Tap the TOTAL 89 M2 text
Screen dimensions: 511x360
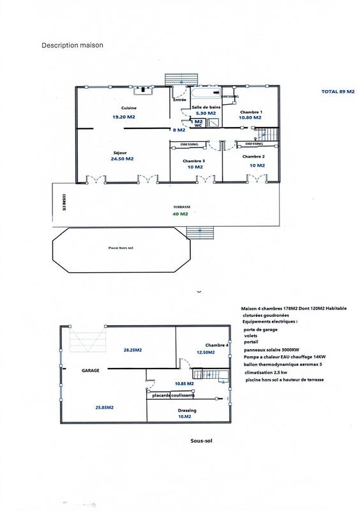(337, 91)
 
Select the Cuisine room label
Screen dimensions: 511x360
(124, 109)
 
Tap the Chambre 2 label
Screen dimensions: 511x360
(253, 156)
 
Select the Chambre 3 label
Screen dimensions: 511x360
(193, 161)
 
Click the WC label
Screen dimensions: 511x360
(199, 126)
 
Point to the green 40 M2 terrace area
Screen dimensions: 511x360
(181, 214)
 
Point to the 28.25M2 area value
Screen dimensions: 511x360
(132, 350)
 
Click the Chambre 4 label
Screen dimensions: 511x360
(217, 344)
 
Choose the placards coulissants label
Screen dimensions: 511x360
(174, 395)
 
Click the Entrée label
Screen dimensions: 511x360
(179, 100)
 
